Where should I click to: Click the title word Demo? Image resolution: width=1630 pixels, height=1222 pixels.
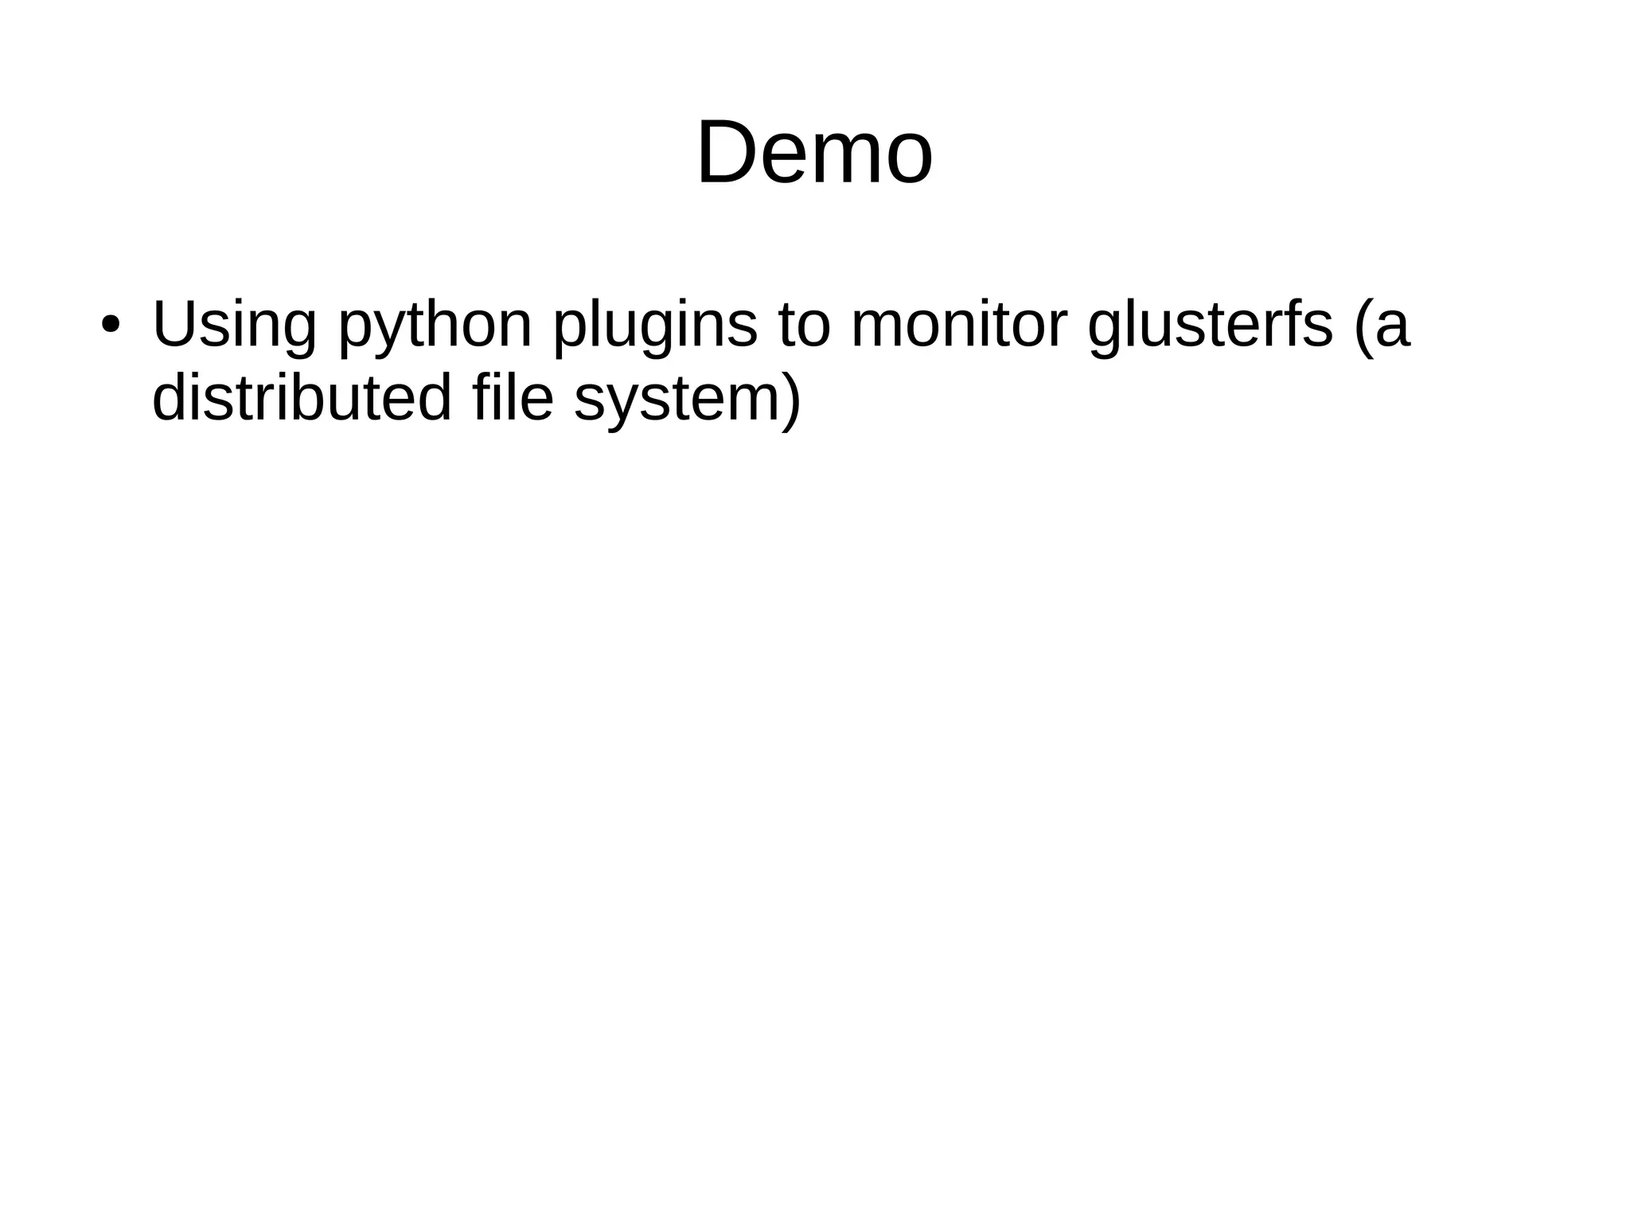click(814, 153)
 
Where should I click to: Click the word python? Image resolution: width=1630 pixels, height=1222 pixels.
click(435, 326)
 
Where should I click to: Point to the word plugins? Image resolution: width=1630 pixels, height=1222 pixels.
click(655, 326)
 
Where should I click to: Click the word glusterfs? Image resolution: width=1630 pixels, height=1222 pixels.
click(1210, 326)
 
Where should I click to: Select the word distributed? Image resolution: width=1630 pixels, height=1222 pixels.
click(302, 398)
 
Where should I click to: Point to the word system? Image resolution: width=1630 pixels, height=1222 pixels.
click(677, 400)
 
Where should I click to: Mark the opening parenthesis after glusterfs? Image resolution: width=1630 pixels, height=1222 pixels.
click(1362, 326)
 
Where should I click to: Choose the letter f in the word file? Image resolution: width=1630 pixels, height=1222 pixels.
click(484, 396)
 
